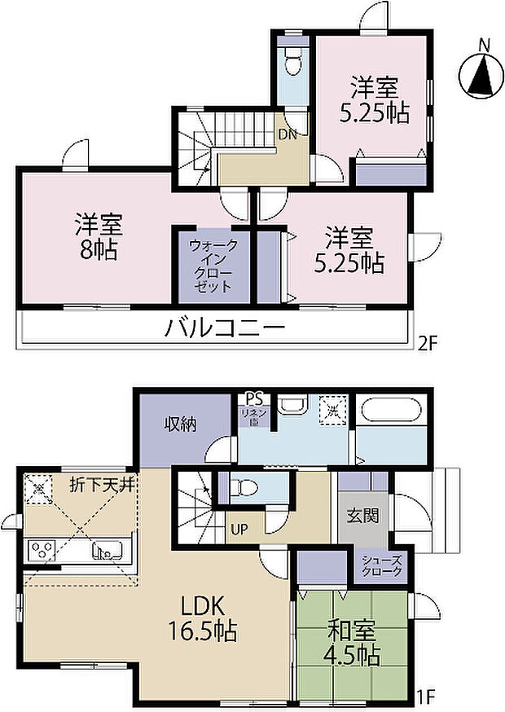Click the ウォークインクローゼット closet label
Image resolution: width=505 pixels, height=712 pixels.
click(x=213, y=266)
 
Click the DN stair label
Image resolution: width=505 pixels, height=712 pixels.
click(x=288, y=135)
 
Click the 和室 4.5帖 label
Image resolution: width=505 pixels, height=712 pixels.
click(x=353, y=641)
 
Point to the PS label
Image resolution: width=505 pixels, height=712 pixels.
click(x=254, y=399)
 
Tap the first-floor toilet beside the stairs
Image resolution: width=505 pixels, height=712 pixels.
click(x=245, y=487)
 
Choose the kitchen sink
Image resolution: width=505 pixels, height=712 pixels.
click(x=105, y=552)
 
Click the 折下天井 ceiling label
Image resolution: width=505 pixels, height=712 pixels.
click(x=102, y=484)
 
